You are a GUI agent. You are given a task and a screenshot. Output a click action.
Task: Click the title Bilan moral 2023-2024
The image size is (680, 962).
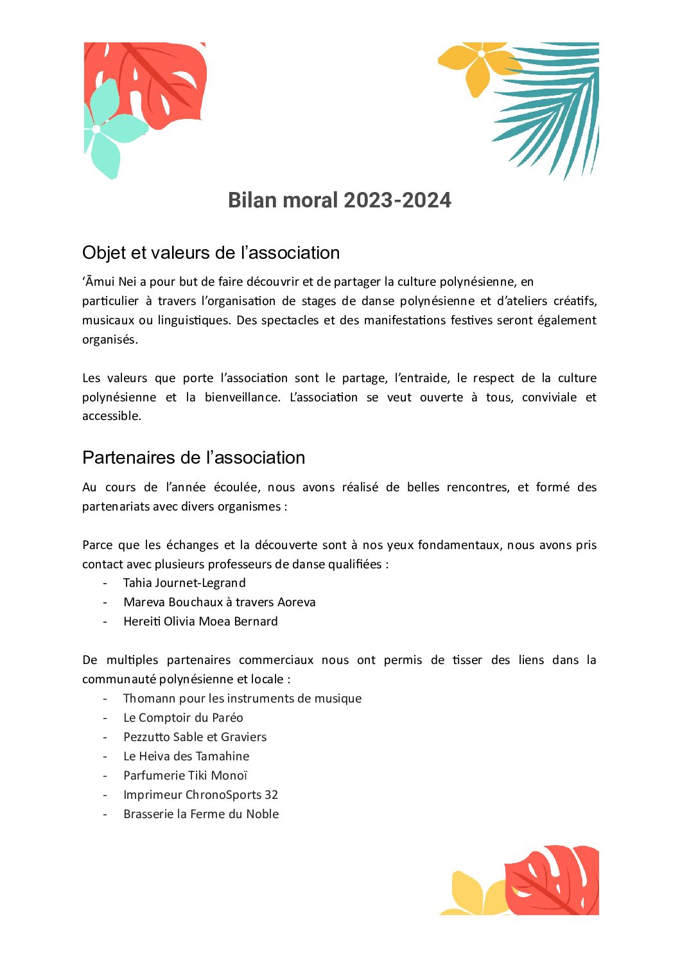tap(339, 200)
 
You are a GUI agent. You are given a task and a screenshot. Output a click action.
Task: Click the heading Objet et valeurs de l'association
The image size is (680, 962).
tap(211, 253)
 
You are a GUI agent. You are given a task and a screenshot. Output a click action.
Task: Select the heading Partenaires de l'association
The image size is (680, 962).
tap(193, 458)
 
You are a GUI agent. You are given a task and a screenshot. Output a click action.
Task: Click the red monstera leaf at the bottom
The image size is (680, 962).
tap(552, 880)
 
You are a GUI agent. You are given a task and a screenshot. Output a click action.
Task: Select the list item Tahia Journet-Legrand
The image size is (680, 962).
tap(184, 583)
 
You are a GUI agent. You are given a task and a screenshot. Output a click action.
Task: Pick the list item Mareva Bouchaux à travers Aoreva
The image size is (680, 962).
tap(219, 602)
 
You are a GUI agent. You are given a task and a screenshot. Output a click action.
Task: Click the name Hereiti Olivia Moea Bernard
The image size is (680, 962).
tap(200, 622)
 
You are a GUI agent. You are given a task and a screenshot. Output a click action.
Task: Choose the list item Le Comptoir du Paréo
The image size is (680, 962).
tap(183, 718)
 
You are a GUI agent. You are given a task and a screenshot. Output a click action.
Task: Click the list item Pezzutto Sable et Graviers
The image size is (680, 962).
tap(195, 737)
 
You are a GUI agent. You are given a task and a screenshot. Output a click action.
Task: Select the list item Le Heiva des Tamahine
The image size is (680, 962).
tap(186, 756)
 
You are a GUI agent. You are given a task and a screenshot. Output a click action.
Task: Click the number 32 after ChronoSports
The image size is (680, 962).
tap(271, 795)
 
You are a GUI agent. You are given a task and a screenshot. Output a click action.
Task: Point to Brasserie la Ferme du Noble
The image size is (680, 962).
tap(201, 814)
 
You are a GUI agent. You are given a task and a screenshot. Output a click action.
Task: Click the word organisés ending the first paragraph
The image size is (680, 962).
tap(109, 340)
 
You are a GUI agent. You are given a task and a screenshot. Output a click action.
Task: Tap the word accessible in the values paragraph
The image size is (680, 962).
tap(110, 416)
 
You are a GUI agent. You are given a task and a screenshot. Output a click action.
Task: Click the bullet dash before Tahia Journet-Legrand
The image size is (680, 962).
tap(105, 583)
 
